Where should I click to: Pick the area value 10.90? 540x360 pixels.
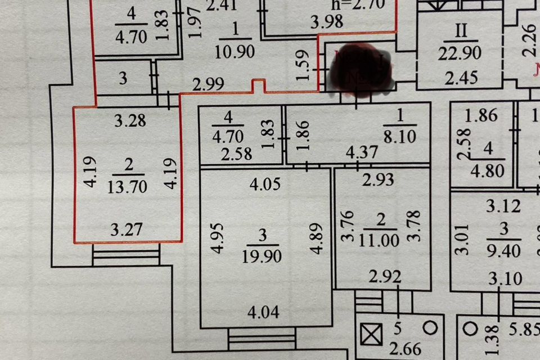click(x=235, y=52)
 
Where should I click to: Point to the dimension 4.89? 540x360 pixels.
click(x=309, y=237)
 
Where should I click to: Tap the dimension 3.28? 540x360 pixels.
click(x=130, y=120)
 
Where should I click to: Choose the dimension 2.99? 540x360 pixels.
click(x=208, y=84)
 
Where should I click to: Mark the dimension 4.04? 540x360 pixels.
click(x=263, y=311)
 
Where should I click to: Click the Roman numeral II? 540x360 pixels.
click(x=461, y=30)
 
